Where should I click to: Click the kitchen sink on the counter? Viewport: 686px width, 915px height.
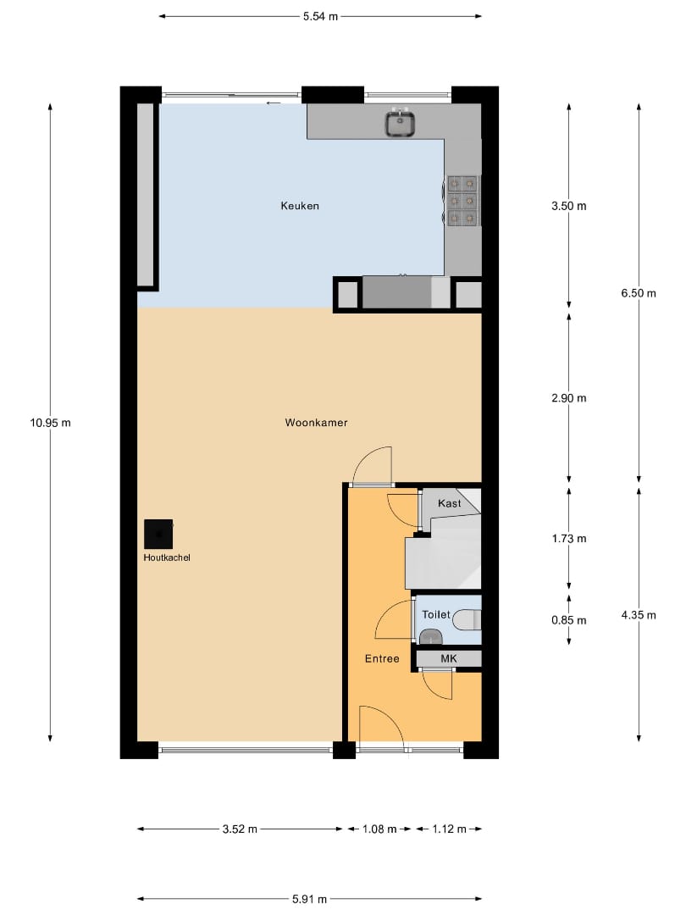tap(400, 124)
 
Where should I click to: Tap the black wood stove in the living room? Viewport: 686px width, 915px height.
tap(158, 534)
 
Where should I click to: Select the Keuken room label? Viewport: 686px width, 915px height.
tap(300, 206)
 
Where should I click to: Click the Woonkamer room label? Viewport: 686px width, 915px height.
tap(316, 422)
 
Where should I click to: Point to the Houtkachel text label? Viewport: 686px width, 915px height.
tap(167, 557)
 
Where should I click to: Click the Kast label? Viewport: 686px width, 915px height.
tap(449, 503)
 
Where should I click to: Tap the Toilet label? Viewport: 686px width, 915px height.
tap(435, 614)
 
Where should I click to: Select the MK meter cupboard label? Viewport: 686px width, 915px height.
tap(448, 658)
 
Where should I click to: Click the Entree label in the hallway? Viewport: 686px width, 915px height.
tap(382, 658)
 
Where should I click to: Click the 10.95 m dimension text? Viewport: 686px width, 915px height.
tap(50, 422)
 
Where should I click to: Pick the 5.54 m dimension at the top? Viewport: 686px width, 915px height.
tap(320, 16)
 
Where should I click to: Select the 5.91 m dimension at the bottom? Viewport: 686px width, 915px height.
tap(309, 900)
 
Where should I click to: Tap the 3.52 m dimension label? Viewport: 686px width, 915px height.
tap(240, 829)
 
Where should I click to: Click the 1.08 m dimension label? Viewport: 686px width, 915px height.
tap(379, 829)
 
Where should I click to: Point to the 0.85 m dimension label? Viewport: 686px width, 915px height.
tap(568, 619)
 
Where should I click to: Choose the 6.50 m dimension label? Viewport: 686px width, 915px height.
tap(638, 293)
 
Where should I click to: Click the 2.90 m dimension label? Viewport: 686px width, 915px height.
tap(568, 397)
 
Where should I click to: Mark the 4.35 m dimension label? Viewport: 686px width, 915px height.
tap(638, 615)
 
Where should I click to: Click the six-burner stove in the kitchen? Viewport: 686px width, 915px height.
tap(462, 200)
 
